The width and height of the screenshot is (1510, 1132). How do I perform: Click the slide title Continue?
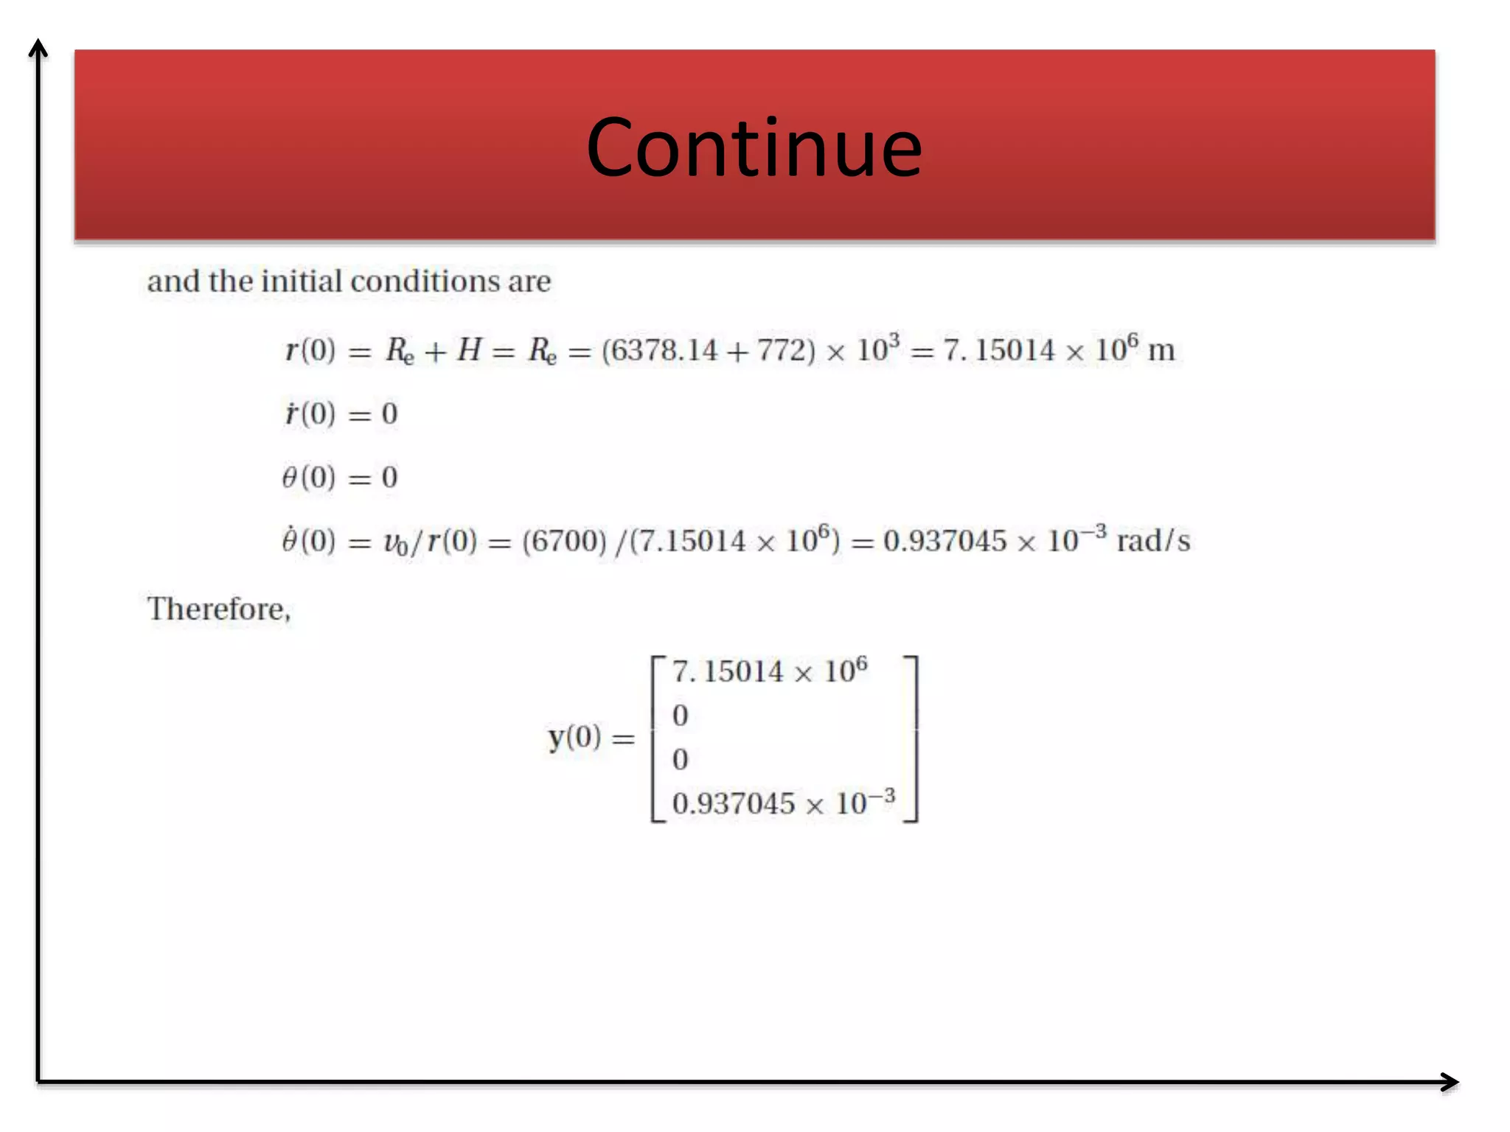754,148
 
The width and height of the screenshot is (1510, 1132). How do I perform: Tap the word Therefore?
218,609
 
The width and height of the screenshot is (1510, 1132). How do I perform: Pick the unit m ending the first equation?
1161,350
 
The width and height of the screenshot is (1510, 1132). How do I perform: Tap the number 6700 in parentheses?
564,542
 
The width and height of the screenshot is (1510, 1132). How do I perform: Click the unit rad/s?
1153,542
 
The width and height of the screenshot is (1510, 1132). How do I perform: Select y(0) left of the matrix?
574,736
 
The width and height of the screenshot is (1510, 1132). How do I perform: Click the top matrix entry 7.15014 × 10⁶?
769,671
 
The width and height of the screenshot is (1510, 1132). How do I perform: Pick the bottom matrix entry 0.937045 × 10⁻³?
783,803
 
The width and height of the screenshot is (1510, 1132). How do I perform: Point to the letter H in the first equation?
469,350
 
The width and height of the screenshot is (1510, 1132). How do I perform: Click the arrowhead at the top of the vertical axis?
38,49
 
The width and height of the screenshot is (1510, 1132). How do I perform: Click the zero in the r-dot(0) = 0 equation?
389,414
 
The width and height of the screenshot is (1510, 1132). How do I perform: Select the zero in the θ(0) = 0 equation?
389,478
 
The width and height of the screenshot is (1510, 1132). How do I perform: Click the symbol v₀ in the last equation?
395,542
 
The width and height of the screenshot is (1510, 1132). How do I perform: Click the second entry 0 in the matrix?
680,716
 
